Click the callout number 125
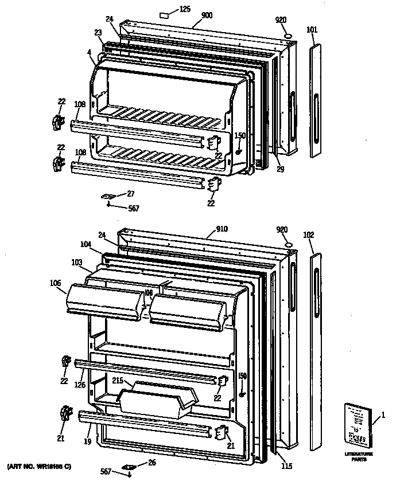click(x=185, y=9)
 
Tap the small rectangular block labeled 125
click(x=164, y=11)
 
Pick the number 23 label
click(x=98, y=33)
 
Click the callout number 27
click(x=130, y=194)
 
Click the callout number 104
click(x=86, y=244)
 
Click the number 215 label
click(x=118, y=380)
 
